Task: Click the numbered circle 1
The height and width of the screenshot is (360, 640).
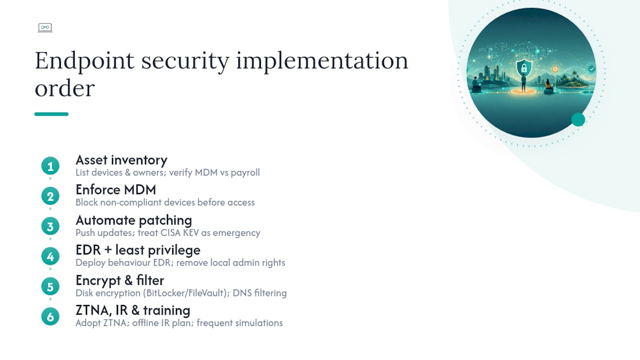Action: [x=50, y=166]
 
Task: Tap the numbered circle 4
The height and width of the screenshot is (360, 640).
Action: [x=50, y=256]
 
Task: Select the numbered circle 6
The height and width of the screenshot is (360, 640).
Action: [x=50, y=316]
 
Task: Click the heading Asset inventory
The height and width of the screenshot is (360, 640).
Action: [x=121, y=160]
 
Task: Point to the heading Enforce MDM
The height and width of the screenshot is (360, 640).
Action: [x=115, y=189]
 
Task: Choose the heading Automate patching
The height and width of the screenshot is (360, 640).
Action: [x=133, y=220]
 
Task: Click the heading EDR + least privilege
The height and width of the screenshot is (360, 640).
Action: [x=138, y=250]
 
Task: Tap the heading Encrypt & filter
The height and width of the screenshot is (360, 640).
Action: [x=119, y=280]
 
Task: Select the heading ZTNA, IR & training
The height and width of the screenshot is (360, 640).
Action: [x=133, y=310]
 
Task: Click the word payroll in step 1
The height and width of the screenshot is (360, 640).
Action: [x=245, y=173]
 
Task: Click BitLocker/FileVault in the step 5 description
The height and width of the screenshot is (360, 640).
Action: [x=186, y=293]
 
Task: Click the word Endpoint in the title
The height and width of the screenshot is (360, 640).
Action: [x=84, y=61]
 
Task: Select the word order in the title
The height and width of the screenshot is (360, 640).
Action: [x=64, y=88]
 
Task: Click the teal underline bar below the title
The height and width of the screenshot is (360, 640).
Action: [x=51, y=114]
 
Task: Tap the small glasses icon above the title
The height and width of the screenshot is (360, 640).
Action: [x=45, y=27]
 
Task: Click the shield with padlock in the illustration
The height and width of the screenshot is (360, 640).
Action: [x=524, y=68]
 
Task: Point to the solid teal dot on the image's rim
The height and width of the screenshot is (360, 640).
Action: [x=578, y=119]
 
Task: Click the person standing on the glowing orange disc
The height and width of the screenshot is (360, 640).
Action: [x=523, y=82]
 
